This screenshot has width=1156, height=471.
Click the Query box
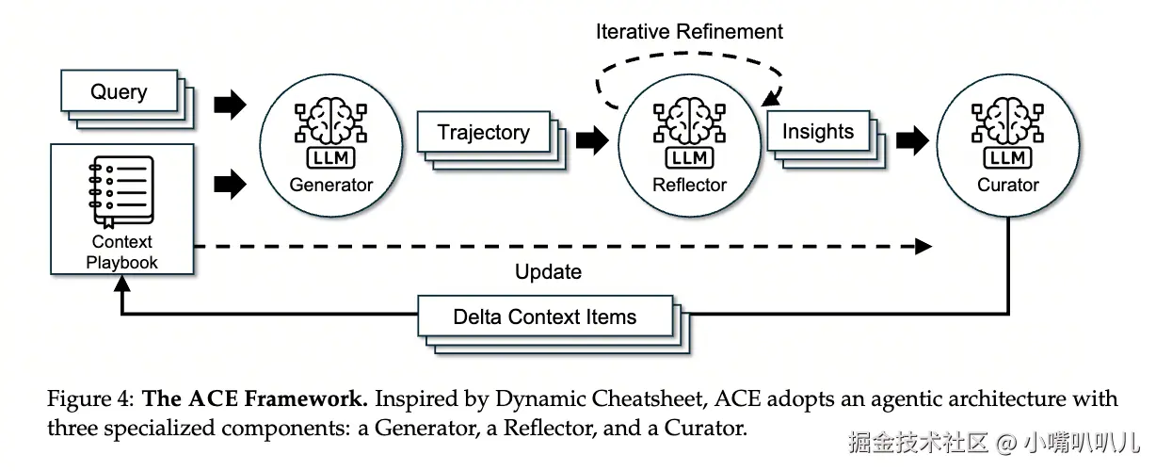click(x=119, y=92)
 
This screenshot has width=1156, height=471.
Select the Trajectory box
click(x=483, y=133)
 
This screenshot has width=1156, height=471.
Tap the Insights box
click(x=817, y=132)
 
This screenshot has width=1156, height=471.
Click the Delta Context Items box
click(x=544, y=317)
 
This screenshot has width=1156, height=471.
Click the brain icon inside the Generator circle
click(x=330, y=120)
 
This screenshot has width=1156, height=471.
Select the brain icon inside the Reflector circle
click(x=689, y=120)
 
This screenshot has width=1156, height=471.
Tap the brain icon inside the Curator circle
click(x=1007, y=120)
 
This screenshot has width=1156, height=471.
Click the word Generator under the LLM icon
click(x=330, y=185)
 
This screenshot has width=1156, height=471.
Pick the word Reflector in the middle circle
click(x=689, y=185)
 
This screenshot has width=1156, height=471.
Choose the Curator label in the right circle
click(x=1007, y=185)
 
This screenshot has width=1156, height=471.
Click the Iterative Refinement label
click(x=689, y=31)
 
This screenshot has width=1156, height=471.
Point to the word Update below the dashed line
click(x=548, y=272)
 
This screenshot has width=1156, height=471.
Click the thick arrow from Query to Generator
click(x=229, y=104)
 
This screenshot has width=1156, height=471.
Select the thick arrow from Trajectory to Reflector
click(x=591, y=140)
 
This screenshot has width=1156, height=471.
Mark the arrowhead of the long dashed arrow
click(x=923, y=247)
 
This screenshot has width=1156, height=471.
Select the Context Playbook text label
click(x=121, y=252)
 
